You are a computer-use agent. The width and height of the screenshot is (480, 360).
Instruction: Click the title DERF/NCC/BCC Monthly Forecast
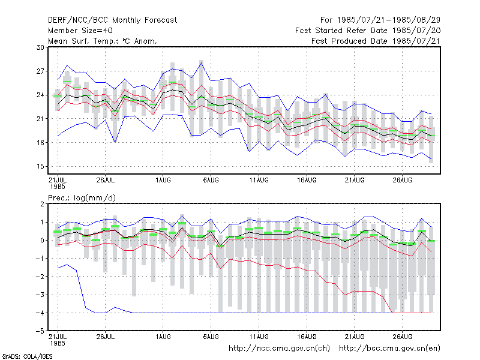tap(112, 20)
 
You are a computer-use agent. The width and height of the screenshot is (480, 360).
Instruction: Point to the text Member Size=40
tap(80, 31)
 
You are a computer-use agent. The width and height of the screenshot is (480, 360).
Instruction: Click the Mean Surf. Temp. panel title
tap(103, 41)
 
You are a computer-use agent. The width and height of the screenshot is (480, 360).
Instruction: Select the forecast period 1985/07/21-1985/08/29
tap(380, 20)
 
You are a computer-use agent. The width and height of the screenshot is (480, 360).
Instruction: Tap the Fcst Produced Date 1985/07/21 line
tap(376, 41)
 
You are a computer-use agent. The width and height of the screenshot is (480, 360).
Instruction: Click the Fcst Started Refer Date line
tap(368, 31)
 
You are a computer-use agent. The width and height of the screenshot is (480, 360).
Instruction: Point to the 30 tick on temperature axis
tap(40, 47)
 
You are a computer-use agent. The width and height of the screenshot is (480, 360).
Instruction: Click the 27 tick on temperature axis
tap(40, 71)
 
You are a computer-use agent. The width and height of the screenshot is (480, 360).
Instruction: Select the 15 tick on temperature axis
tap(40, 167)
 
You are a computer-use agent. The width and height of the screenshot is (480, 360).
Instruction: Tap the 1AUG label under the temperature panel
tap(163, 181)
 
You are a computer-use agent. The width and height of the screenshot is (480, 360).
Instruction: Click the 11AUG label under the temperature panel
tap(259, 181)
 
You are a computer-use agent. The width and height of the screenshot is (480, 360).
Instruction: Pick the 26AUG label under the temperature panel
tap(403, 181)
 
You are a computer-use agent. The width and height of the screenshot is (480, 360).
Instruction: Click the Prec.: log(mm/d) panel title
tap(82, 198)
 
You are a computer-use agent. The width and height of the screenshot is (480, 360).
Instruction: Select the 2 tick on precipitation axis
tap(42, 204)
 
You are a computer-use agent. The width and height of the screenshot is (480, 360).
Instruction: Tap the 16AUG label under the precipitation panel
tap(307, 337)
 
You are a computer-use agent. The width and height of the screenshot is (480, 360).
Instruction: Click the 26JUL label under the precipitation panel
tap(106, 337)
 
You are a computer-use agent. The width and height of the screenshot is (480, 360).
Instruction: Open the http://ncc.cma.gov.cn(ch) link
tap(280, 349)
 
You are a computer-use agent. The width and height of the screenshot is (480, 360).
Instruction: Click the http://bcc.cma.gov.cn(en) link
tap(389, 349)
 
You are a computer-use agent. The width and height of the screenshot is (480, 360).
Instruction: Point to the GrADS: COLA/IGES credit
tap(28, 356)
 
